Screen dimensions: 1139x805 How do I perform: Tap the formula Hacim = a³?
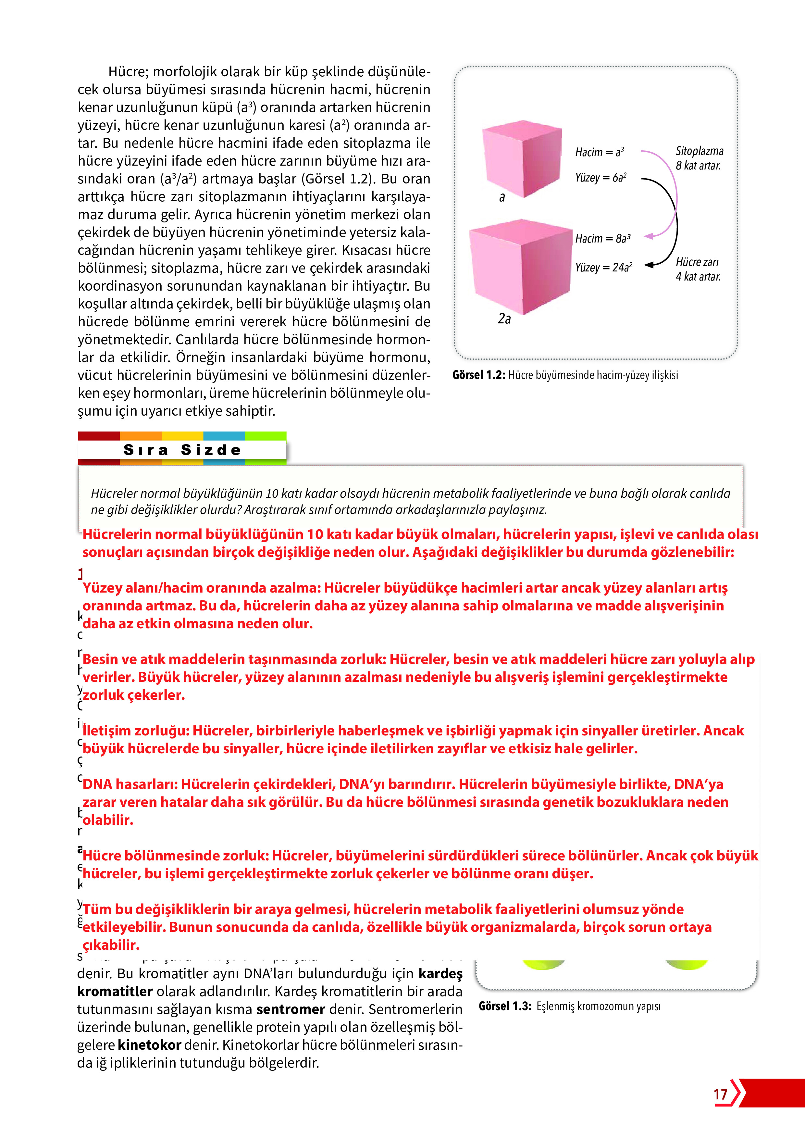pos(599,152)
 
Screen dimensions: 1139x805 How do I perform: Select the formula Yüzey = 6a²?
pos(601,178)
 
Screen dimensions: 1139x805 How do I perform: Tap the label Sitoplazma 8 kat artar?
pos(699,158)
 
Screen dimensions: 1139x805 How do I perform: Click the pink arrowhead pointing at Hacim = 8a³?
pos(649,237)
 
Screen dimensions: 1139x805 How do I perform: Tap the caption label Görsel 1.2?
pos(478,375)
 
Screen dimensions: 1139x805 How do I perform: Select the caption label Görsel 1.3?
pos(504,1006)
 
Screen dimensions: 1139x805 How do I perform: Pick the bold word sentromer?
pos(291,1009)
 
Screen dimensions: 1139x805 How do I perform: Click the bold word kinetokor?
pos(149,1045)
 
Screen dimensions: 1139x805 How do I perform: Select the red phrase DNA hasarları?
pos(130,784)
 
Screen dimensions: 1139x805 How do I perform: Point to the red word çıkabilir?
pos(111,945)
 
